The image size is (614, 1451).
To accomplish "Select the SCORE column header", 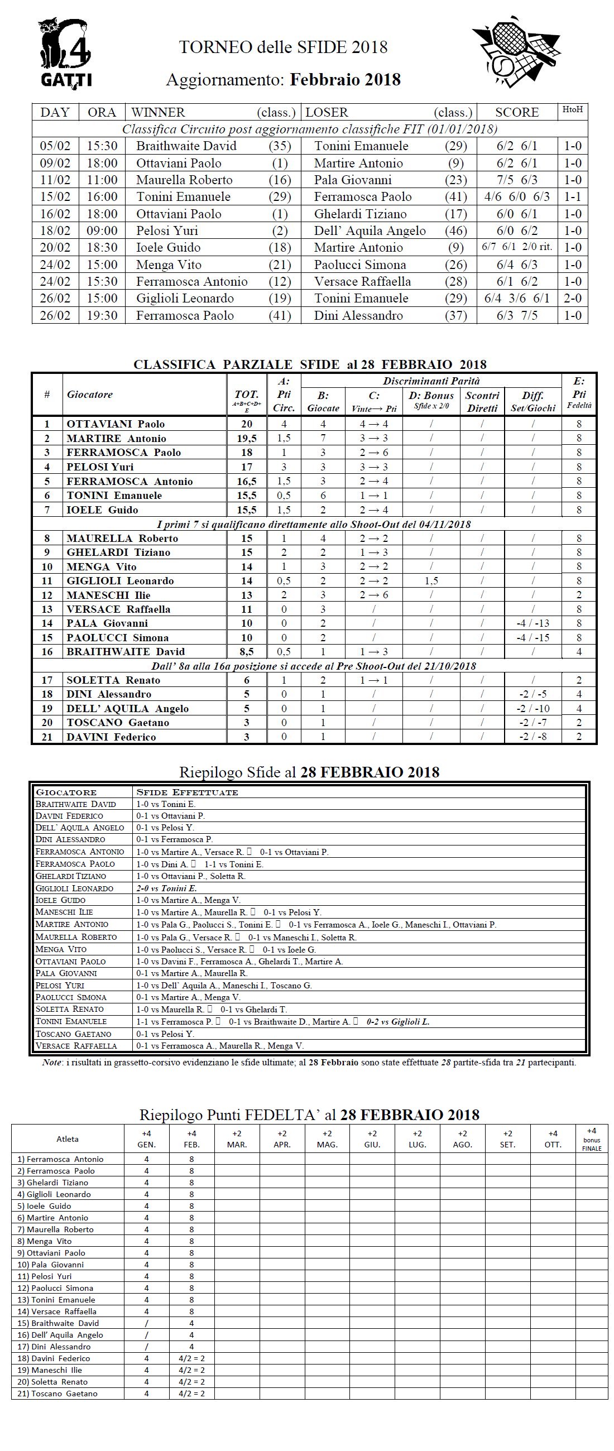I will tap(516, 112).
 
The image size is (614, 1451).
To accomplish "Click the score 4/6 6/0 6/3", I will tap(516, 196).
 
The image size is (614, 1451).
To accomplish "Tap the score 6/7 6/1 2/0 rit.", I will tap(516, 247).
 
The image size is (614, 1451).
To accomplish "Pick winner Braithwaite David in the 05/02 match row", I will tap(186, 146).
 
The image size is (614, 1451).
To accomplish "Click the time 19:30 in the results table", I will tap(102, 315).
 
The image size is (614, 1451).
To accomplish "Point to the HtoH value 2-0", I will tap(572, 299).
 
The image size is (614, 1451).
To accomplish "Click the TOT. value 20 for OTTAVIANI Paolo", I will tap(246, 424).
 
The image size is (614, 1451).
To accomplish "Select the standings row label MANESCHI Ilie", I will tap(108, 595).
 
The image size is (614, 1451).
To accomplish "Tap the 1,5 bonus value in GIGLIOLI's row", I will tap(431, 581).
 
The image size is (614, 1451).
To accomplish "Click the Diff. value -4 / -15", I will tap(533, 638).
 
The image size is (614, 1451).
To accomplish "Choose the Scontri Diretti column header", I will tap(482, 402).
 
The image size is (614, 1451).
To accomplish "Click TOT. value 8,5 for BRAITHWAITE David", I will tap(246, 652).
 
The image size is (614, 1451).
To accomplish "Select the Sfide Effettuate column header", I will tap(188, 792).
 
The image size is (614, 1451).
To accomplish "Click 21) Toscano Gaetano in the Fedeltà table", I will tap(57, 1394).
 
